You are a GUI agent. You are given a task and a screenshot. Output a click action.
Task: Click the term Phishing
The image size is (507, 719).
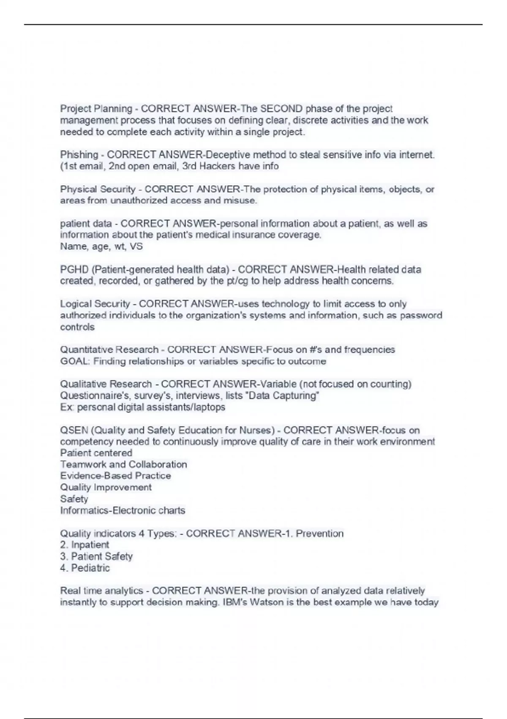[79, 155]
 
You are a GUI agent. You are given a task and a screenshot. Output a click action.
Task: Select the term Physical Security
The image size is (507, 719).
[98, 189]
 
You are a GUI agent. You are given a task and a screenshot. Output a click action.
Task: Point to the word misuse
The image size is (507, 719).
[243, 200]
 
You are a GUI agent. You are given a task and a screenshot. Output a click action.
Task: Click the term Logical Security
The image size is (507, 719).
[95, 304]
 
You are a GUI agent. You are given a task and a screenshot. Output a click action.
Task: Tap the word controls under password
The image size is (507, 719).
[77, 327]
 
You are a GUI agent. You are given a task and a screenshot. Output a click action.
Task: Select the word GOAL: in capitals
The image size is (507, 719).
[75, 362]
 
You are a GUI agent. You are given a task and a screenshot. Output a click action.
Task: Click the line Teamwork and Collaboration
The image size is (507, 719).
[123, 464]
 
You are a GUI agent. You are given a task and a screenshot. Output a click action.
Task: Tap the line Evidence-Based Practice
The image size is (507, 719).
[115, 476]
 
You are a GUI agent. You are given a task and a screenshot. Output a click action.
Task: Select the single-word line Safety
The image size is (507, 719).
[74, 499]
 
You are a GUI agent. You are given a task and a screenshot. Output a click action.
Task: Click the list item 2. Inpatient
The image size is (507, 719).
[84, 545]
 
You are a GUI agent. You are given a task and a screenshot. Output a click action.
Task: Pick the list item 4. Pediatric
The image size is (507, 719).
[85, 568]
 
